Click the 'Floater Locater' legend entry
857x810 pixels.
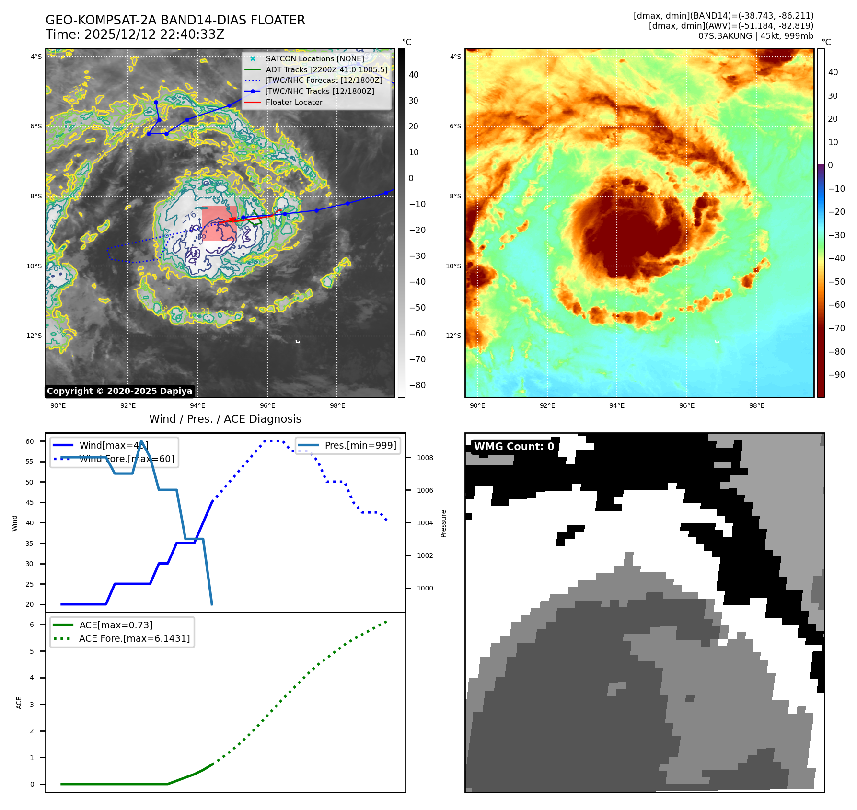click(294, 102)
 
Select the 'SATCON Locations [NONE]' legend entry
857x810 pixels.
click(314, 58)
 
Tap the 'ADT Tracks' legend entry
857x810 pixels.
click(326, 69)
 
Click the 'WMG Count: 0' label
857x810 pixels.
click(514, 446)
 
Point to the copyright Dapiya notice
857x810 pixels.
click(119, 391)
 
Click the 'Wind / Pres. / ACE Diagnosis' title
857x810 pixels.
click(225, 419)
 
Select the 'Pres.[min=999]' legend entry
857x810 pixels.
click(360, 445)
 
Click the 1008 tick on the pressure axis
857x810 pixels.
click(425, 458)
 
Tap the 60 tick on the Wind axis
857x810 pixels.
click(30, 441)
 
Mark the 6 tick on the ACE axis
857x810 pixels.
click(32, 625)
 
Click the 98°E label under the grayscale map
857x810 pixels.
click(337, 405)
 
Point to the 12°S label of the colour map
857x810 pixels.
click(453, 336)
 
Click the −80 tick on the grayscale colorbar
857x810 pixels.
click(417, 385)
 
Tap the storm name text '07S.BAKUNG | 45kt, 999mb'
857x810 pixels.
click(755, 36)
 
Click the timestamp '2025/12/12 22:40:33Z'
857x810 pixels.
click(154, 35)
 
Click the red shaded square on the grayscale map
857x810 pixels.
click(219, 223)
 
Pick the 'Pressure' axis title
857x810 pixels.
click(443, 523)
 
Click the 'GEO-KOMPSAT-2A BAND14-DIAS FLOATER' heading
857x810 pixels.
click(175, 20)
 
